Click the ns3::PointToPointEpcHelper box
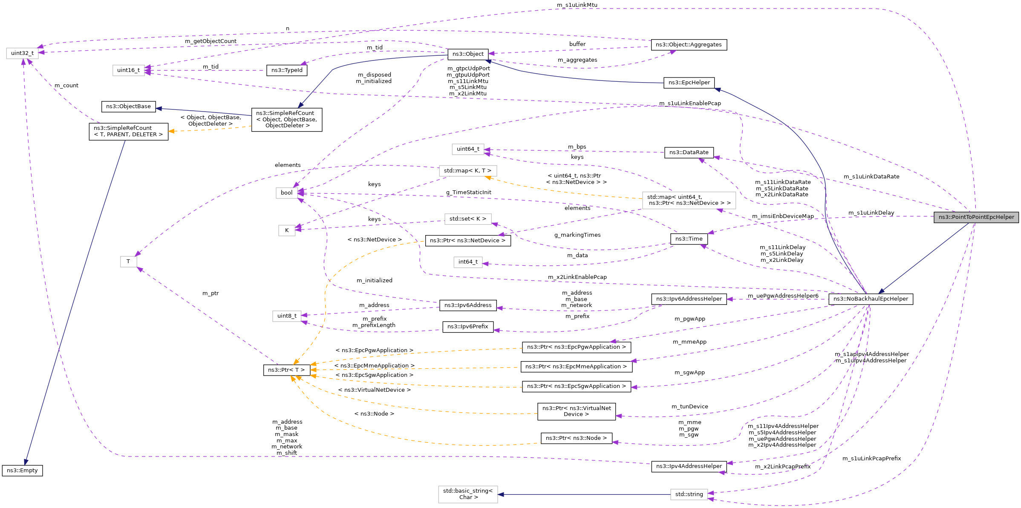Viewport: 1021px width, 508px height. pyautogui.click(x=976, y=217)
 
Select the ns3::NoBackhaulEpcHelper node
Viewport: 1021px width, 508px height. pyautogui.click(x=870, y=299)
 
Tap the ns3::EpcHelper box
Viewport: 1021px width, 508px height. pyautogui.click(x=689, y=83)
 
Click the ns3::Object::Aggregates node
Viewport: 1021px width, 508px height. pyautogui.click(x=688, y=45)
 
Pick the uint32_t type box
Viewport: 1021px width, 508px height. pyautogui.click(x=22, y=53)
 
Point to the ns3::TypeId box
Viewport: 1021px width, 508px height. pyautogui.click(x=286, y=70)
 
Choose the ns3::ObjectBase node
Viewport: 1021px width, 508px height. pyautogui.click(x=128, y=106)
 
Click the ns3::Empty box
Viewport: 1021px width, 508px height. pyautogui.click(x=22, y=471)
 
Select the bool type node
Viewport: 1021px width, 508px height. pyautogui.click(x=286, y=193)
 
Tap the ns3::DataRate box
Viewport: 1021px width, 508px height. pyautogui.click(x=689, y=152)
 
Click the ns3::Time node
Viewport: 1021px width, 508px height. pyautogui.click(x=689, y=239)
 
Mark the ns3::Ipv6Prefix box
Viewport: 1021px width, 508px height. pyautogui.click(x=467, y=327)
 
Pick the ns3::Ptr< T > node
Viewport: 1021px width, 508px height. pyautogui.click(x=286, y=370)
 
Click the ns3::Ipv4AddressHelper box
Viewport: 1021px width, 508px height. pyautogui.click(x=689, y=466)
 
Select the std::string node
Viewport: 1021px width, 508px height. pyautogui.click(x=689, y=494)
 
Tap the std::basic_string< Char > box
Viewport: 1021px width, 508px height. pyautogui.click(x=467, y=494)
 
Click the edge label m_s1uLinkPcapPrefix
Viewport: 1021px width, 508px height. pyautogui.click(x=871, y=459)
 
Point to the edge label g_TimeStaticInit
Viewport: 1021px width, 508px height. pyautogui.click(x=468, y=192)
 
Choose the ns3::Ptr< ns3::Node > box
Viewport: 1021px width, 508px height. pyautogui.click(x=576, y=438)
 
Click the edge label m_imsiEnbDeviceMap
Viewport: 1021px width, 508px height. pyautogui.click(x=782, y=216)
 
